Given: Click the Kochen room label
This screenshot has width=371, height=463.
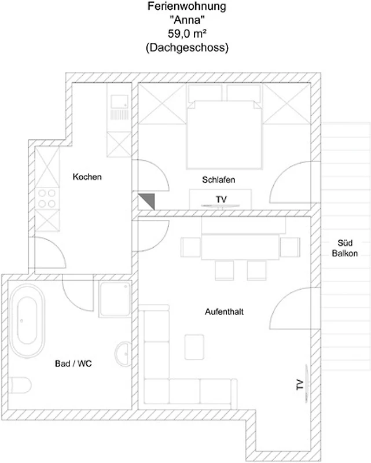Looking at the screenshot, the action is tap(87, 177).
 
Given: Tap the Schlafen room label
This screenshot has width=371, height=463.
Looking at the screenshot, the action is tap(219, 179).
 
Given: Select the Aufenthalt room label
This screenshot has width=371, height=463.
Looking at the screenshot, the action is tap(224, 312).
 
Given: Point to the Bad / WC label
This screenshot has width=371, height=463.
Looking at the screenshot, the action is tap(74, 363).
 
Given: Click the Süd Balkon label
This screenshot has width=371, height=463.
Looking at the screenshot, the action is tap(345, 248).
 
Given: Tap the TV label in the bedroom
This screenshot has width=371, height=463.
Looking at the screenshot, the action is tap(221, 200).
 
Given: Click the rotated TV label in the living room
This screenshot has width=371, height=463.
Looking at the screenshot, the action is tap(300, 384).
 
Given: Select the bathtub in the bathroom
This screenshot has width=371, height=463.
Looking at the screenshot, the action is tap(27, 321).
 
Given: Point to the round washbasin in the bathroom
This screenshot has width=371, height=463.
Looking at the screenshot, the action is tap(123, 354).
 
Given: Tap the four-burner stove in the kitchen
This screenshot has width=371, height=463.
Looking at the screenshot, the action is tap(47, 199).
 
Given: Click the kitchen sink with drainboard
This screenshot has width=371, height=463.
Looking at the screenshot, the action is tap(119, 107).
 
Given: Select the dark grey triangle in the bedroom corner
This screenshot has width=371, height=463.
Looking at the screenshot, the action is tap(146, 201).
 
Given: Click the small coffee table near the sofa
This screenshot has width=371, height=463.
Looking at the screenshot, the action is tap(194, 347).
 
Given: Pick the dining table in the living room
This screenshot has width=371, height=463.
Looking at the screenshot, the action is tap(240, 247).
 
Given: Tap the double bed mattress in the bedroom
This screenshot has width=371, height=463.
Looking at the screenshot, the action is tap(225, 135).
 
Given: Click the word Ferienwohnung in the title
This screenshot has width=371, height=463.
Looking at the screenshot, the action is tap(187, 6).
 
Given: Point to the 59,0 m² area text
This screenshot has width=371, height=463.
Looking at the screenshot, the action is tap(187, 34).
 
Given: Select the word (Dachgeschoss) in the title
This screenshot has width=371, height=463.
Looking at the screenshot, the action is tap(187, 47).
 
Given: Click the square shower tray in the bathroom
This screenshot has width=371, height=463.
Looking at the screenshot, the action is tap(115, 299).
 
